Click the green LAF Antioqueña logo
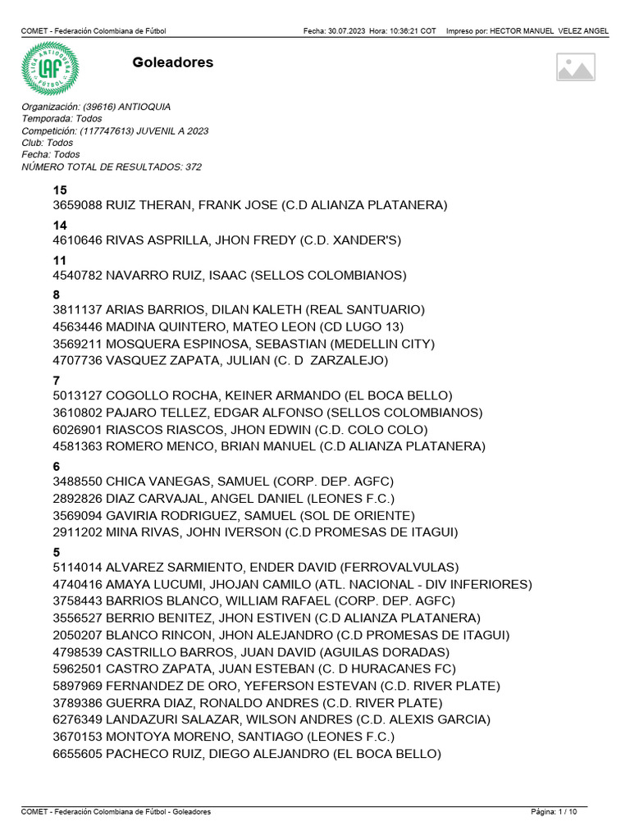[50, 69]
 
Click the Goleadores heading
[172, 62]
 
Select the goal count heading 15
[60, 190]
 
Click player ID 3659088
[77, 205]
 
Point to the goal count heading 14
[60, 226]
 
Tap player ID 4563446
[77, 327]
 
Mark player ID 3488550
[77, 482]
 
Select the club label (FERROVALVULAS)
[399, 568]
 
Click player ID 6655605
[77, 755]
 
